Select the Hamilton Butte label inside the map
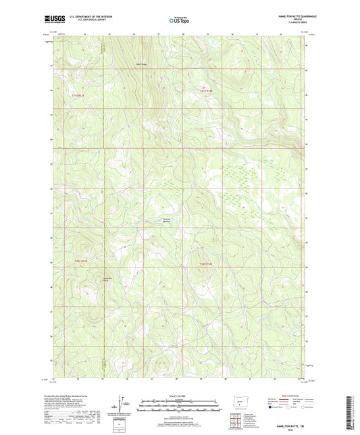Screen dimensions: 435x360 coord(88,279)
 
